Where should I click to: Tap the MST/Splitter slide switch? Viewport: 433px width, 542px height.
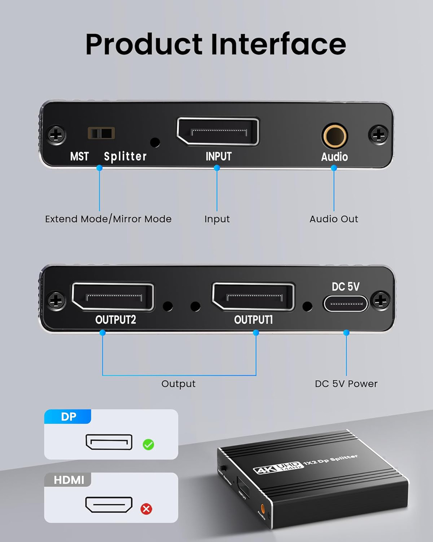click(x=101, y=133)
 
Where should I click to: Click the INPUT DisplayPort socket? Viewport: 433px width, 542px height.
click(x=218, y=131)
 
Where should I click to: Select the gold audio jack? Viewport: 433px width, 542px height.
click(x=334, y=136)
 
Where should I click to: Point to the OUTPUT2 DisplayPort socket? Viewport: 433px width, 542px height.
click(x=113, y=297)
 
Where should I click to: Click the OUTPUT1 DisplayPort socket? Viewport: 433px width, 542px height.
click(x=254, y=297)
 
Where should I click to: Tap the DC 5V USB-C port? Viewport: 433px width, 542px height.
click(x=346, y=304)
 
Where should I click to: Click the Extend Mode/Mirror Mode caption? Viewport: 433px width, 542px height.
click(x=108, y=219)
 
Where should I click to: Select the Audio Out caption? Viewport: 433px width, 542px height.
click(x=333, y=219)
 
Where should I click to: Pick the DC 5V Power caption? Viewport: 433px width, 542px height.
click(x=346, y=384)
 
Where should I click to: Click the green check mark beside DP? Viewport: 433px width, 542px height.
click(x=149, y=444)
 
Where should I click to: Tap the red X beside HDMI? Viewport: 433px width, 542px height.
click(x=146, y=509)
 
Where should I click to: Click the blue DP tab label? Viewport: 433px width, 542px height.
click(x=68, y=417)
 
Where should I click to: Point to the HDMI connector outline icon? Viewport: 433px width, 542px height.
click(x=109, y=505)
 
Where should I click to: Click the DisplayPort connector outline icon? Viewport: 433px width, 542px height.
click(x=109, y=442)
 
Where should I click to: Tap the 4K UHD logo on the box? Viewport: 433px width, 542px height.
click(x=277, y=467)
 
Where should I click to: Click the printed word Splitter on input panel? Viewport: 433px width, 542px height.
click(x=125, y=157)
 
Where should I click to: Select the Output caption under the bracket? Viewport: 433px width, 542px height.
click(x=178, y=384)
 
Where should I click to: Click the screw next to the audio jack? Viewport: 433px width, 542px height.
click(x=379, y=134)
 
